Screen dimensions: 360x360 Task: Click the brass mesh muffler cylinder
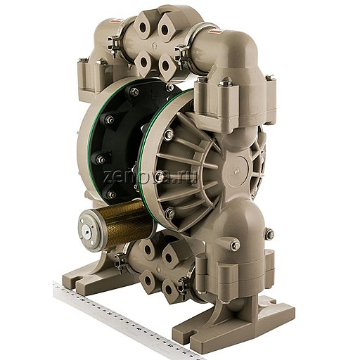121,229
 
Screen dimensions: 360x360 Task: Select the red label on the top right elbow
210,30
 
